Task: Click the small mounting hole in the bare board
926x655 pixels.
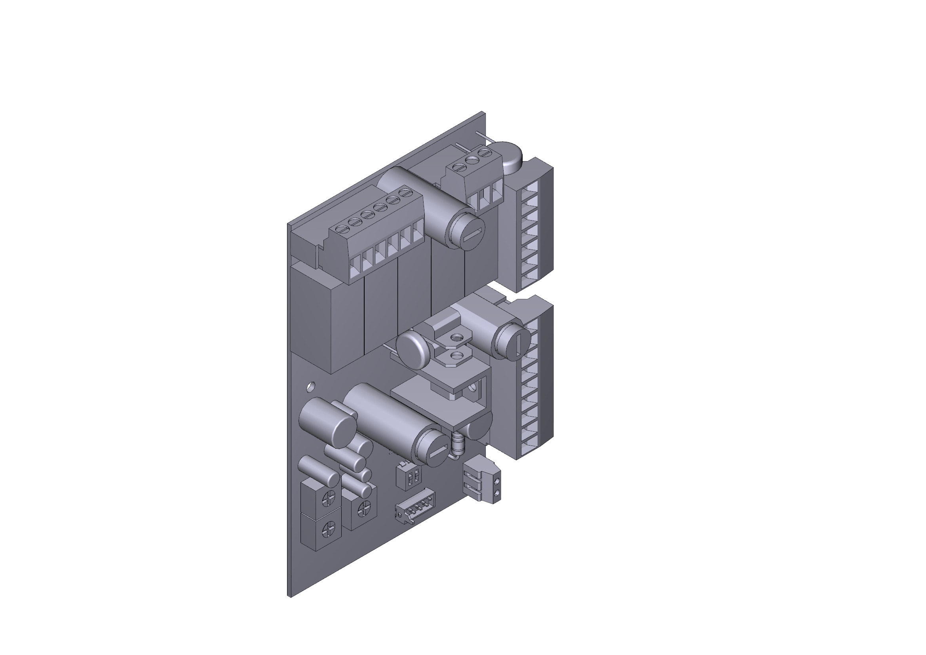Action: click(x=310, y=387)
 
